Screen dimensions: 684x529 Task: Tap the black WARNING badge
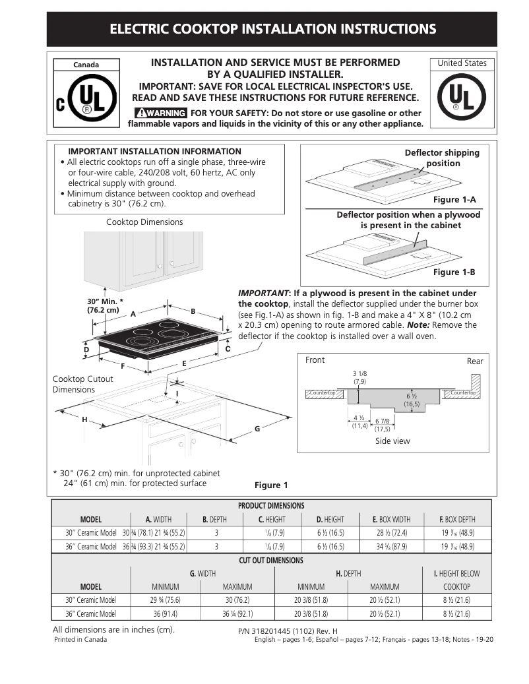click(160, 113)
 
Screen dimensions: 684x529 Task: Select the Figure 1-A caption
click(454, 199)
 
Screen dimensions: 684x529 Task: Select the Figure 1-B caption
click(454, 272)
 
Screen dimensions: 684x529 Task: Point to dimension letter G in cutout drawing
click(257, 429)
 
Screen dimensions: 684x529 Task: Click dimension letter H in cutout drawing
click(84, 420)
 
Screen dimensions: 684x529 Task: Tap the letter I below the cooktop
click(177, 394)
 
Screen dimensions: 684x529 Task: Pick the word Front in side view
click(315, 360)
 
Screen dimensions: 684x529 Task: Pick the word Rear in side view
click(475, 361)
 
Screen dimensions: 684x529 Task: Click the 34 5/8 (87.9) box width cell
click(391, 546)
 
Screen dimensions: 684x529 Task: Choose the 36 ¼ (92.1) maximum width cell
click(237, 613)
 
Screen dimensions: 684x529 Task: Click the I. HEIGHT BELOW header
click(456, 574)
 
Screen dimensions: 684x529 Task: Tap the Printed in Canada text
click(80, 640)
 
